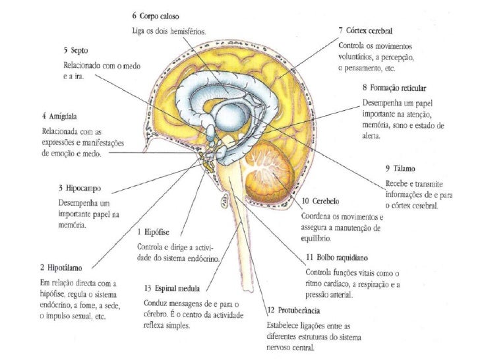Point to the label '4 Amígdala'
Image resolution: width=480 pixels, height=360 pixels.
[57, 115]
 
